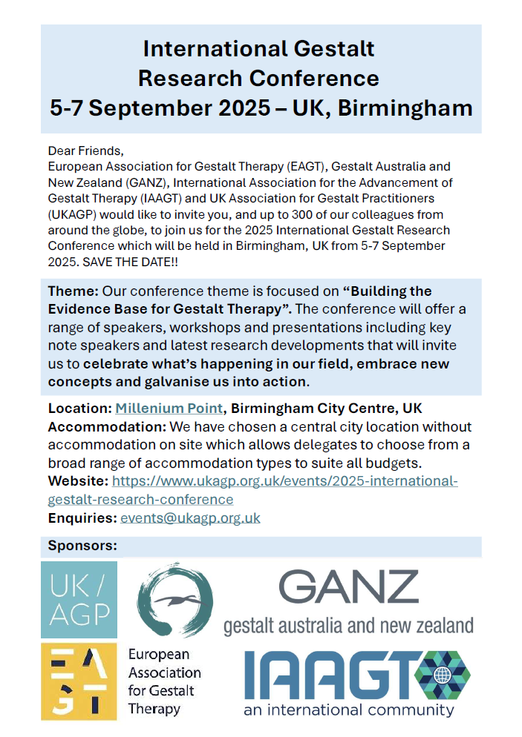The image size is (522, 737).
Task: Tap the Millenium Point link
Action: click(x=169, y=409)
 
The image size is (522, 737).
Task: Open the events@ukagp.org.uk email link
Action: click(x=190, y=518)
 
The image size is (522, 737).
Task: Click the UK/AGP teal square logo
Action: click(x=79, y=599)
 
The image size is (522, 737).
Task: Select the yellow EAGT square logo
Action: click(x=79, y=681)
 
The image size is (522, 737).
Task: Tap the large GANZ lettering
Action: click(x=349, y=588)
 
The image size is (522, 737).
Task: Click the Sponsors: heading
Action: click(x=82, y=546)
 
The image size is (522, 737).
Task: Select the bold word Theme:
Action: click(x=73, y=291)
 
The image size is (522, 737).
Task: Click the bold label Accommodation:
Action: click(x=107, y=427)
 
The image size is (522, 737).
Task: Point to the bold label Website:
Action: click(x=78, y=481)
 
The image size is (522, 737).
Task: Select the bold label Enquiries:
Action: click(x=82, y=518)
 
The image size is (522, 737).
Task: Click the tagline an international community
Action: click(x=348, y=710)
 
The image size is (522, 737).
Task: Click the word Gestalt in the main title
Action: click(x=330, y=50)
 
